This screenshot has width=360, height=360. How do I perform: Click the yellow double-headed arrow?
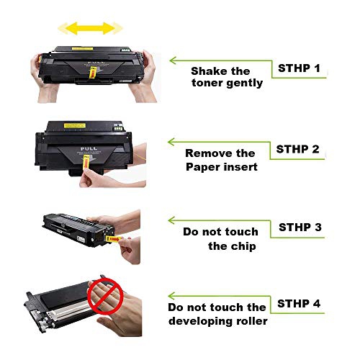pyautogui.click(x=90, y=28)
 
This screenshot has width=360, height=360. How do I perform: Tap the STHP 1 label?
pyautogui.click(x=299, y=68)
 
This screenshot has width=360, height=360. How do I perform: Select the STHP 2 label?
pyautogui.click(x=297, y=149)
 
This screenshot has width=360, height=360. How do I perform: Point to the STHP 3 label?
pyautogui.click(x=300, y=227)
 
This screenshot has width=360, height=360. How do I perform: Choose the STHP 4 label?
pyautogui.click(x=299, y=304)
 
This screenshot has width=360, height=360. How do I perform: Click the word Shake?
pyautogui.click(x=208, y=71)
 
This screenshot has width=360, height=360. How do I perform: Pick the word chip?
pyautogui.click(x=244, y=246)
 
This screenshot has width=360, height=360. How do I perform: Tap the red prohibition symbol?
pyautogui.click(x=105, y=296)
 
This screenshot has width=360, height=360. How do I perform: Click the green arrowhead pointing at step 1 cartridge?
pyautogui.click(x=173, y=60)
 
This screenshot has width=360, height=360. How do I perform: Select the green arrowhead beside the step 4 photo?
pyautogui.click(x=171, y=296)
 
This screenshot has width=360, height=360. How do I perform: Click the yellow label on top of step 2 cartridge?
pyautogui.click(x=75, y=125)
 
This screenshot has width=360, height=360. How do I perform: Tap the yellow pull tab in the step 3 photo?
pyautogui.click(x=114, y=239)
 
